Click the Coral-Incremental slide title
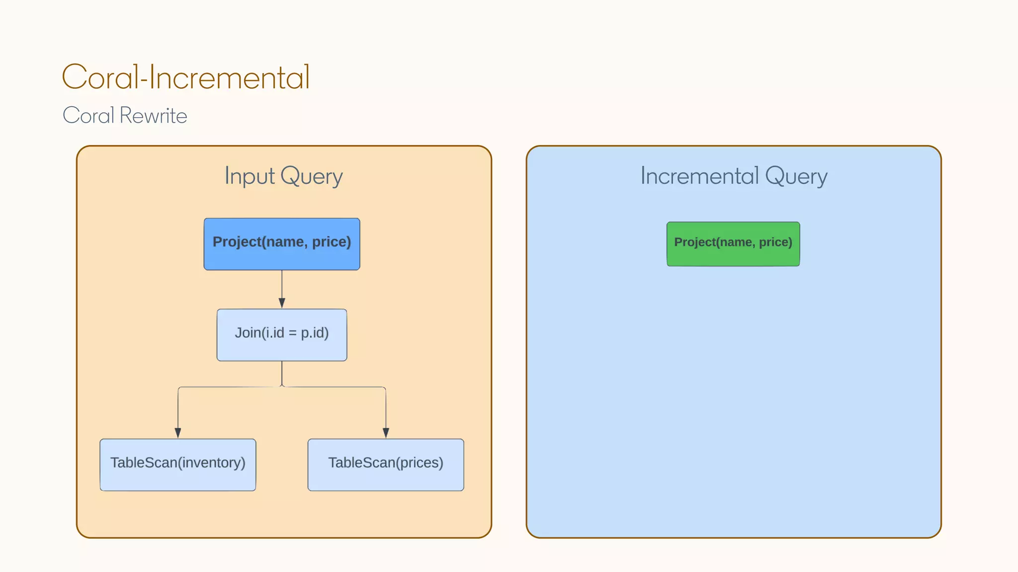(x=186, y=77)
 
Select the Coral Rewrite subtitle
(x=125, y=116)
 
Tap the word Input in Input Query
(x=250, y=176)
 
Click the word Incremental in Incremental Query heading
(x=699, y=176)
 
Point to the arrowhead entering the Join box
(x=282, y=303)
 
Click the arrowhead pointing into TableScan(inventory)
(x=178, y=432)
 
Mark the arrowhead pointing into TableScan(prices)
(x=386, y=432)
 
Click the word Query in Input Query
(x=312, y=177)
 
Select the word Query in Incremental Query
(x=796, y=177)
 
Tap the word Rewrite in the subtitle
(x=153, y=116)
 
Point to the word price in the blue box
(x=331, y=242)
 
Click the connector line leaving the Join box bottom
(x=282, y=372)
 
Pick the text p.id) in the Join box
(x=315, y=333)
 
